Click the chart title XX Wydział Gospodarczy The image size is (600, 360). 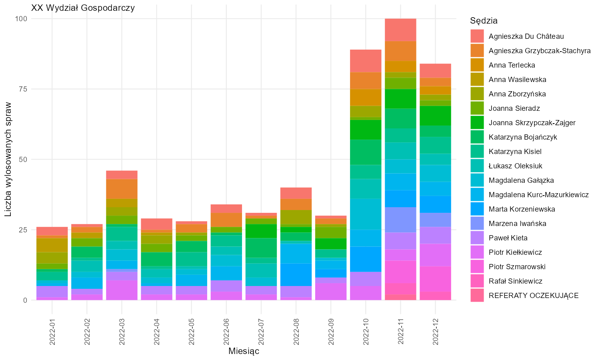point(83,8)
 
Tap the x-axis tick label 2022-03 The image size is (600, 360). point(122,332)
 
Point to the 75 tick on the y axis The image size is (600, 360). point(23,89)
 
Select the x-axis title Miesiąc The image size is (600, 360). point(244,351)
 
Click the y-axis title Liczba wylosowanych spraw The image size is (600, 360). point(8,159)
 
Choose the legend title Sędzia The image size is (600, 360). point(484,21)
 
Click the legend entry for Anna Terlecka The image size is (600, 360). point(503,65)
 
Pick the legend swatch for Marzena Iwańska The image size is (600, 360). point(477,223)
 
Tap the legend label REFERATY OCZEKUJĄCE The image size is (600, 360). point(534,296)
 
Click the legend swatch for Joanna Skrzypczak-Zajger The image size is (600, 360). point(477,123)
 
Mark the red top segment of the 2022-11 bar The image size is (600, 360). point(400,30)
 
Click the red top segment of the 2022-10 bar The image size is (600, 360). point(366,61)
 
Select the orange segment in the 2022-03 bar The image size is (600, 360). point(122,189)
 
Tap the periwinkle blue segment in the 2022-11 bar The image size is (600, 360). point(400,220)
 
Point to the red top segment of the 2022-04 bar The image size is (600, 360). point(157,224)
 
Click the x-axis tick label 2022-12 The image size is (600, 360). point(435,332)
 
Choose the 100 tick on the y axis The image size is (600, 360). point(21,19)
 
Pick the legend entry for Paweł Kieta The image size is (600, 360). point(499,238)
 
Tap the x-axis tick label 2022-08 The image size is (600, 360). point(296,332)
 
